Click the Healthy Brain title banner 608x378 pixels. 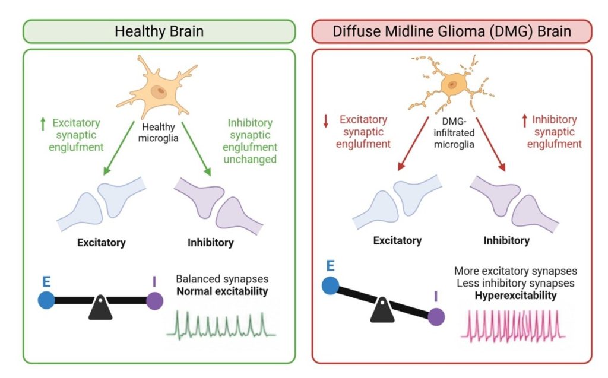click(x=159, y=31)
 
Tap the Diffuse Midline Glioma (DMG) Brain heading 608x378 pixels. click(x=452, y=31)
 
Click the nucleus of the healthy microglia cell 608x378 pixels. click(x=159, y=92)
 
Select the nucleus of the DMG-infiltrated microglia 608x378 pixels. click(x=452, y=84)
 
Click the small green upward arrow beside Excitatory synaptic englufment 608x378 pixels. click(x=43, y=124)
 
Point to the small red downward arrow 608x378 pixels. click(x=326, y=120)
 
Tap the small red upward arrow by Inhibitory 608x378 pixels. click(x=525, y=120)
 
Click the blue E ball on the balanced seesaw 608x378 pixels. click(x=46, y=300)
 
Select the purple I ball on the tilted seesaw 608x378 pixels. click(x=436, y=317)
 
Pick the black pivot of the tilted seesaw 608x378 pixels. click(x=382, y=310)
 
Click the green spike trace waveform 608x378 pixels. click(x=221, y=325)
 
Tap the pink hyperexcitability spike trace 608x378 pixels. click(x=513, y=326)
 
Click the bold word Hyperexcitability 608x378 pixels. click(x=515, y=296)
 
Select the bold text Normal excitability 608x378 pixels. click(x=222, y=291)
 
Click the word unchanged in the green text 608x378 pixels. click(x=250, y=160)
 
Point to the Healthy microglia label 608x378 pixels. click(x=158, y=132)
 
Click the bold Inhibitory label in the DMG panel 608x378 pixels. click(x=506, y=241)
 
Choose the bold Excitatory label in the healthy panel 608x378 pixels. click(x=101, y=243)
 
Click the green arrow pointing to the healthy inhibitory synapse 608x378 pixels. click(x=196, y=149)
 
